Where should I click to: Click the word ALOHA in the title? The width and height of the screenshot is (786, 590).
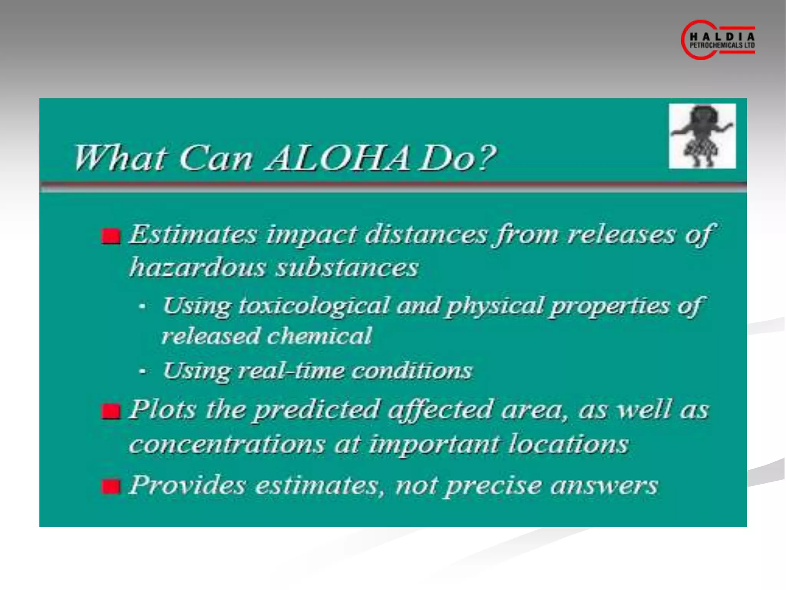click(x=338, y=158)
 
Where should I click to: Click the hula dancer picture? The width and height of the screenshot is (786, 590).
click(x=702, y=136)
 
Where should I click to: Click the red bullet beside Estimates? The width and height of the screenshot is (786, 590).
click(x=111, y=236)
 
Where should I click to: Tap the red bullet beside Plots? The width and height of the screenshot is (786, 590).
click(x=111, y=411)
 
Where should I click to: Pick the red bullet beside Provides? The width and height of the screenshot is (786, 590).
click(x=111, y=487)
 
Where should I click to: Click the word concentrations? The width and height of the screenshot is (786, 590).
click(x=227, y=444)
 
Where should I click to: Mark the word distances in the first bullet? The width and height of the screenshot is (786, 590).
click(x=426, y=234)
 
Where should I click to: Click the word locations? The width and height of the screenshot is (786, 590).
click(x=568, y=444)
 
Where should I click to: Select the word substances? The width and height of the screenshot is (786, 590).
click(x=347, y=267)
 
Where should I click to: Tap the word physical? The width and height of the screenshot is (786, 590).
click(x=495, y=306)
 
